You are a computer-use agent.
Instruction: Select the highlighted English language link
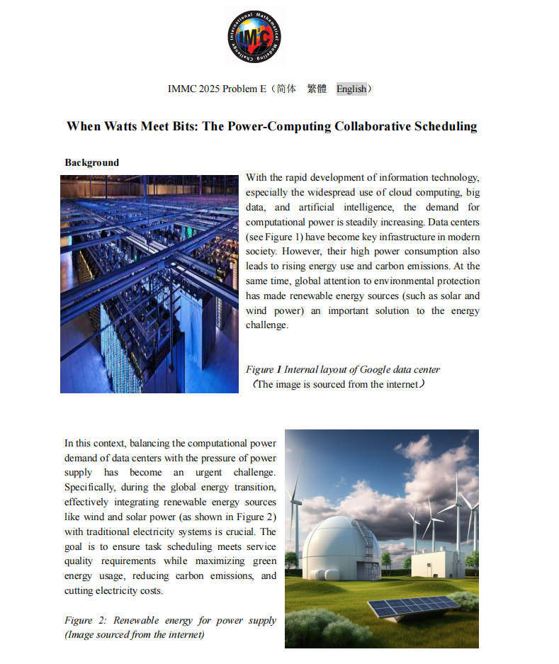[x=351, y=89]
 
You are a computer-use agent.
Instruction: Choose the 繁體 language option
[x=317, y=89]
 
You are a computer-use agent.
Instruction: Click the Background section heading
[x=92, y=162]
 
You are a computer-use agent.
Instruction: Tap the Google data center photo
[x=149, y=283]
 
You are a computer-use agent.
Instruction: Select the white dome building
[x=332, y=546]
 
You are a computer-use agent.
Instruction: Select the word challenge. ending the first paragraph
[x=267, y=325]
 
